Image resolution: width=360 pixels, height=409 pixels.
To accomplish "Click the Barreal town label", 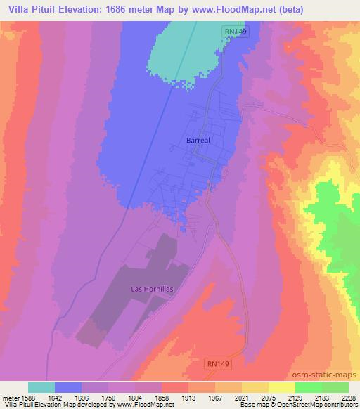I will [x=199, y=141].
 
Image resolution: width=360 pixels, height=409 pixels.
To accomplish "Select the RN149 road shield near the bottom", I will [x=219, y=363].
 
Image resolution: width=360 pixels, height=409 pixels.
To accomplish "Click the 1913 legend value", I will [x=169, y=397].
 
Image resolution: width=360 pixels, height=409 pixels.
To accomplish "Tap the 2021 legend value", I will [x=222, y=397].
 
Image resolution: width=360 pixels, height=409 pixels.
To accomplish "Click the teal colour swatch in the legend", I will [x=41, y=387].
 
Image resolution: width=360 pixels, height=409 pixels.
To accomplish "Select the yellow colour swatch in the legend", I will [x=281, y=387].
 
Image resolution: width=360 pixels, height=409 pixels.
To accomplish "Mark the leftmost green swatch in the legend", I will [x=308, y=387].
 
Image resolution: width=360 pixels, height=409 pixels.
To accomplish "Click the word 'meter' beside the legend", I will [x=11, y=397].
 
